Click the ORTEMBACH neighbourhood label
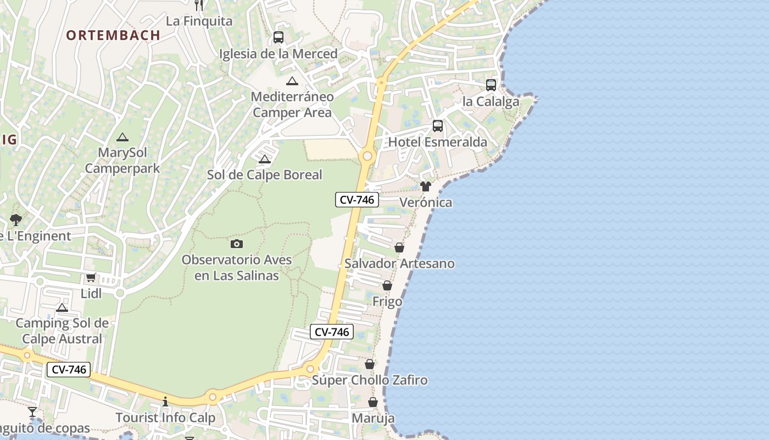[113, 35]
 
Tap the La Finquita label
[199, 21]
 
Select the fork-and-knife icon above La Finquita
[199, 4]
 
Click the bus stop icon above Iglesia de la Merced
[278, 37]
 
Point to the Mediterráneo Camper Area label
[292, 105]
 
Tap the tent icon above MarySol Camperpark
[122, 137]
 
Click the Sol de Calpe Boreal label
[264, 175]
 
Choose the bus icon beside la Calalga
[491, 85]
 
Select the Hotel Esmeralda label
[437, 142]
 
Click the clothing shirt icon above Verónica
[426, 186]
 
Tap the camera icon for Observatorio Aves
[237, 244]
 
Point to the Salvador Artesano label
[399, 263]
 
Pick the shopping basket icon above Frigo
[387, 285]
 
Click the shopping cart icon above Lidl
[91, 277]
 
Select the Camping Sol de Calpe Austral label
[62, 331]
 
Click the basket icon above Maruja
[373, 402]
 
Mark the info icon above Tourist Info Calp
[165, 402]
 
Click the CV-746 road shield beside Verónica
[357, 200]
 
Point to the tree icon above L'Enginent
[16, 220]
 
